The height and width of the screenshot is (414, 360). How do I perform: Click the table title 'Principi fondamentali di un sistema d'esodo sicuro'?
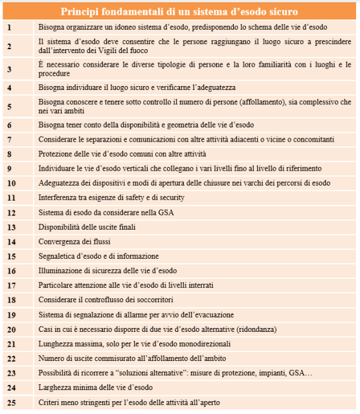pos(179,12)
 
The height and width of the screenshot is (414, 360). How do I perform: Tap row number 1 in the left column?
pos(9,28)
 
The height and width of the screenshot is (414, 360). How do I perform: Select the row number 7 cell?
pos(9,139)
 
